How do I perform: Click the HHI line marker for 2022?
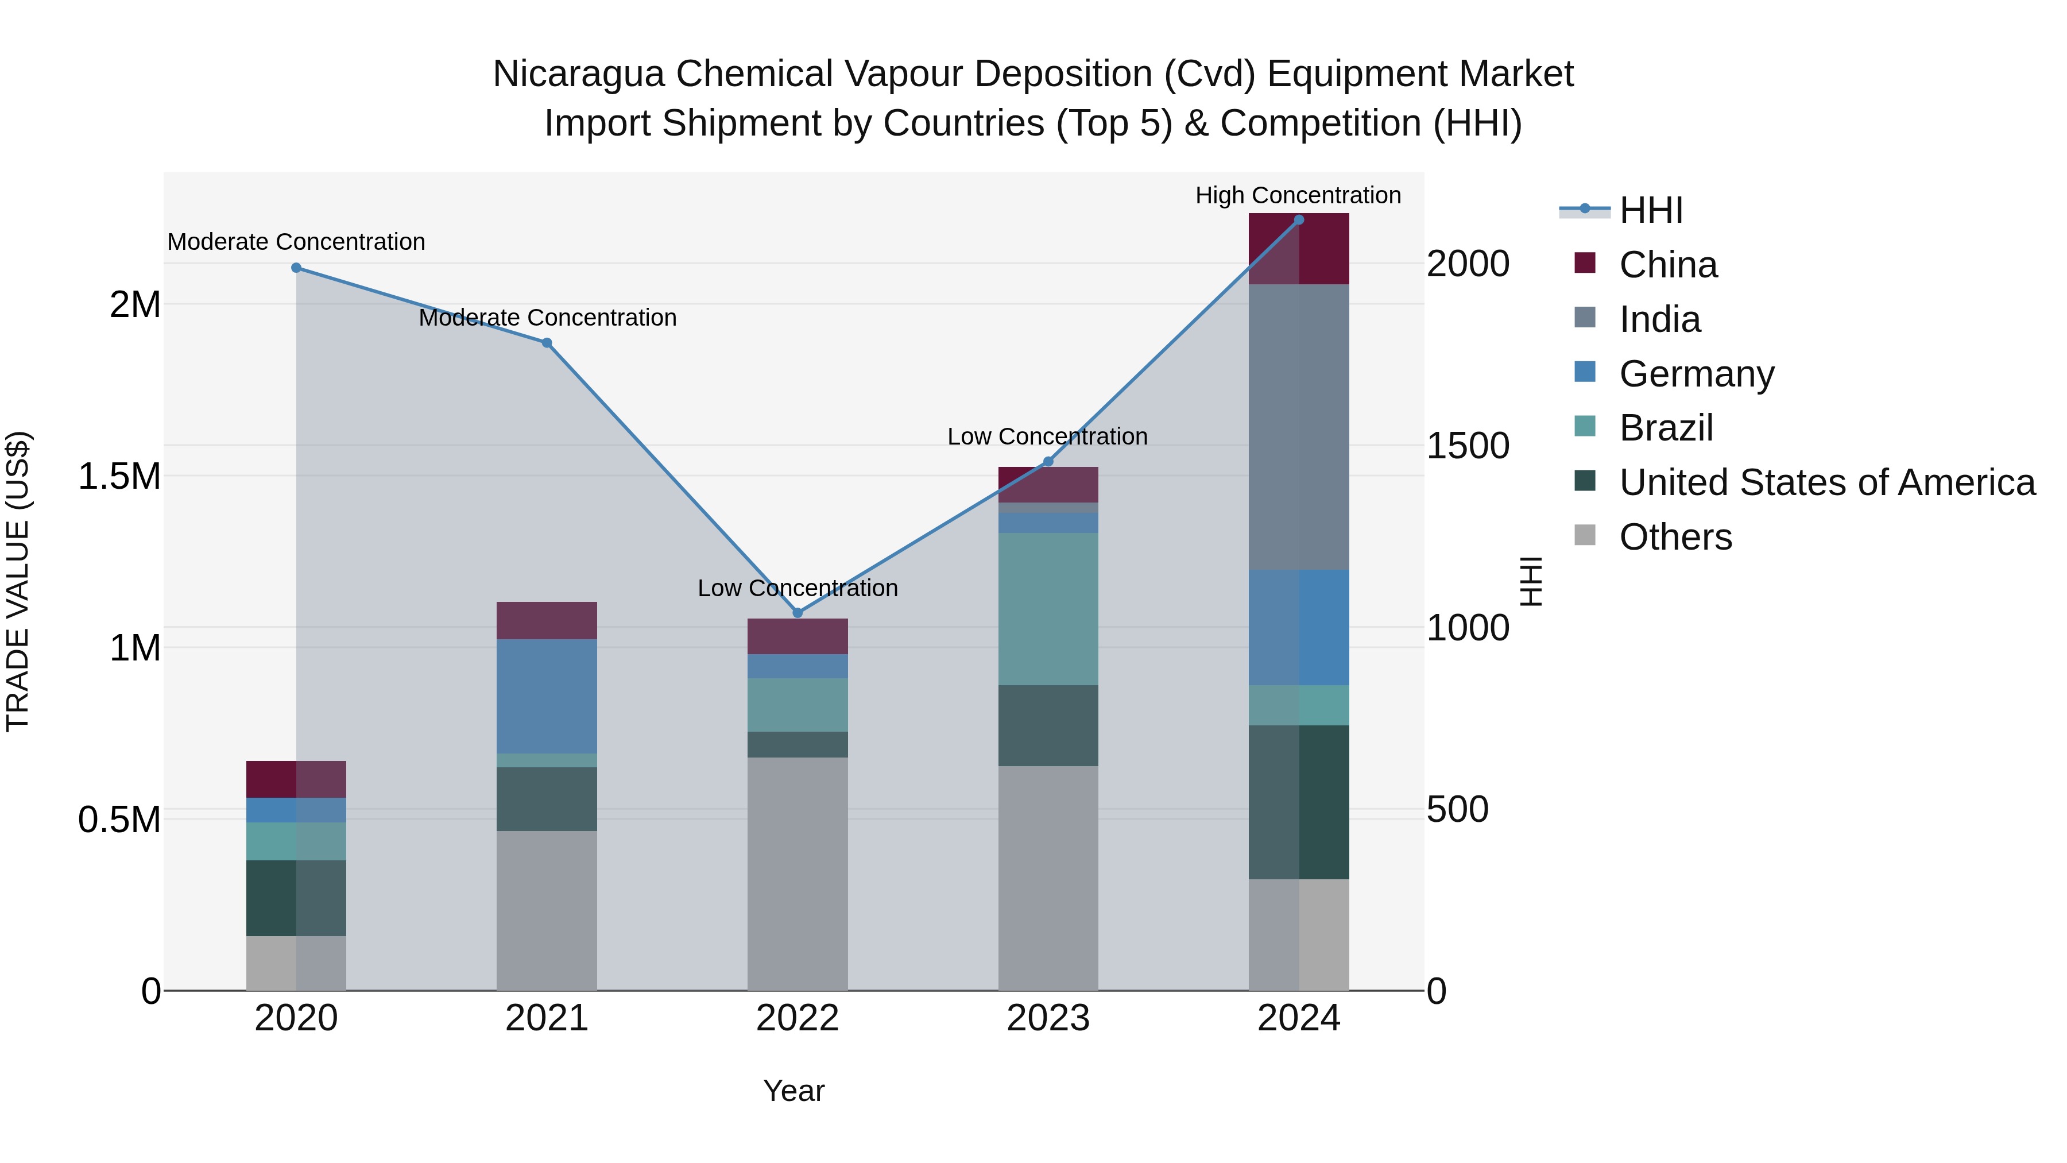pyautogui.click(x=798, y=613)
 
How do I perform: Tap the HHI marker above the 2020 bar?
pyautogui.click(x=296, y=268)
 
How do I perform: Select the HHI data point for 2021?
pyautogui.click(x=547, y=343)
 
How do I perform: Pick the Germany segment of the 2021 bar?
pyautogui.click(x=547, y=696)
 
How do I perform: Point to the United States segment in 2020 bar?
pyautogui.click(x=296, y=898)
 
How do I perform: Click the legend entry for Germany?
pyautogui.click(x=1696, y=374)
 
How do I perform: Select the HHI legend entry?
pyautogui.click(x=1651, y=211)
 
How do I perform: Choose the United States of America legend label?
pyautogui.click(x=1826, y=483)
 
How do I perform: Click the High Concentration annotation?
pyautogui.click(x=1298, y=196)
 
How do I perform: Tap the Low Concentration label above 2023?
pyautogui.click(x=1047, y=436)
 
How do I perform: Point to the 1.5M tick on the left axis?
pyautogui.click(x=119, y=477)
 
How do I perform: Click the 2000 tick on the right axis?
pyautogui.click(x=1468, y=264)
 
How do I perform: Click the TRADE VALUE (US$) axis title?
pyautogui.click(x=18, y=581)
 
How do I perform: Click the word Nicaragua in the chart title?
pyautogui.click(x=578, y=74)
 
